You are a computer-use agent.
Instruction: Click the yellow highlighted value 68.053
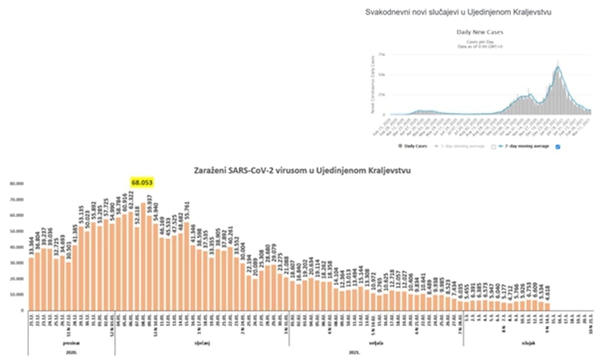pyautogui.click(x=143, y=181)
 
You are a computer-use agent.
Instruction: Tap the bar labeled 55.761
pyautogui.click(x=187, y=266)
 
